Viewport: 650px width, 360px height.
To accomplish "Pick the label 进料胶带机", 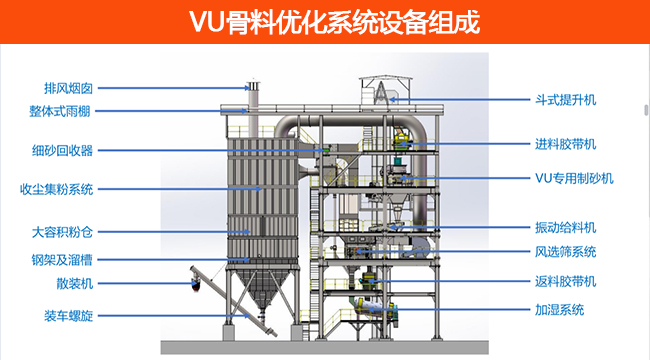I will [x=566, y=144].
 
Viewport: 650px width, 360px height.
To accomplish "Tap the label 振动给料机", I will [x=566, y=227].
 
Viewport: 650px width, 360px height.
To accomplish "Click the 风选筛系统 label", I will [x=566, y=252].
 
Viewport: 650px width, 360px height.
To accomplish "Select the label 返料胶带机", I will [x=566, y=281].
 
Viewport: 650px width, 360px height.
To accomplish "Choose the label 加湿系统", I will [x=560, y=310].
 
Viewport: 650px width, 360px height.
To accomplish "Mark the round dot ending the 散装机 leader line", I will [x=191, y=284].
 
